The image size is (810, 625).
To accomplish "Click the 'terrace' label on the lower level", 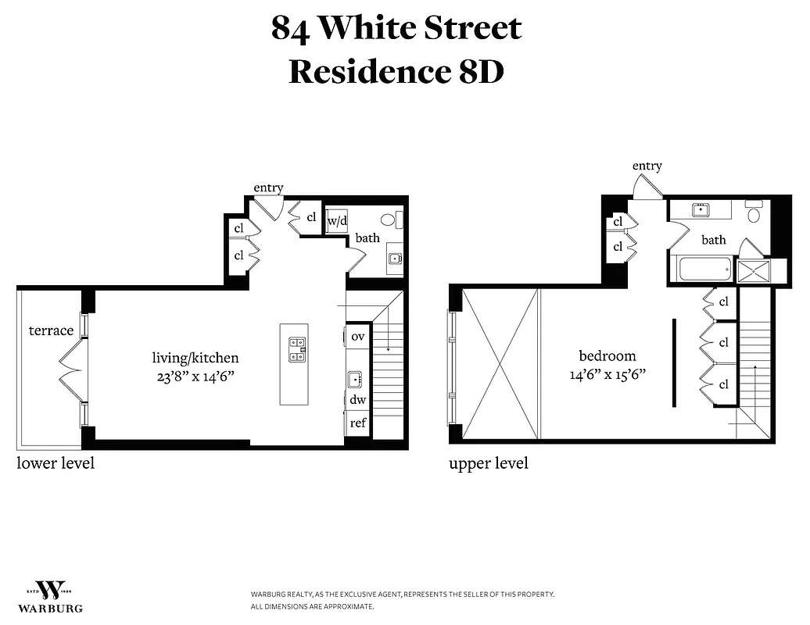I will (51, 330).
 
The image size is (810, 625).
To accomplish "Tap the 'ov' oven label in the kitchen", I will (358, 337).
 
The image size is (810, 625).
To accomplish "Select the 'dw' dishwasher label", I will (358, 399).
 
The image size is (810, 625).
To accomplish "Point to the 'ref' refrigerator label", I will (358, 423).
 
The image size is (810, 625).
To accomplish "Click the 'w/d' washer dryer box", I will (337, 220).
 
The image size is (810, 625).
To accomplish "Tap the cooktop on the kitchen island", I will (297, 349).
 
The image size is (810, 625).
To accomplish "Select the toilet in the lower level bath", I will (389, 220).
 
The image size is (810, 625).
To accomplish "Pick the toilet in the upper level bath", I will (754, 213).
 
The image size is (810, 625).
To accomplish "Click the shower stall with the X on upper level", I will (754, 270).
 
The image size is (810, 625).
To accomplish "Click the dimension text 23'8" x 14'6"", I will (195, 376).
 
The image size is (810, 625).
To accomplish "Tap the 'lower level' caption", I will (56, 463).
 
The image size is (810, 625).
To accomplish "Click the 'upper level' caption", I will (489, 463).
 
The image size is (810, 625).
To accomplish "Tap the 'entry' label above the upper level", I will (647, 166).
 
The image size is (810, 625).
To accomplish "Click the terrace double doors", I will (72, 370).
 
